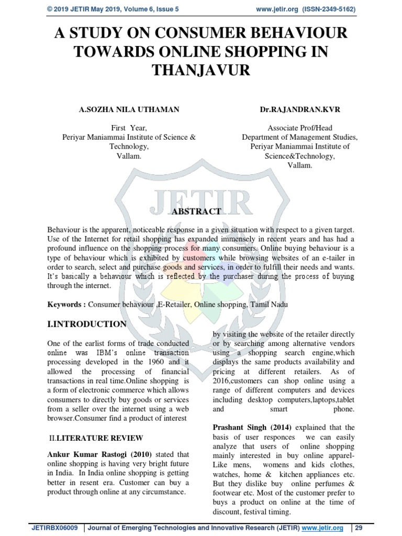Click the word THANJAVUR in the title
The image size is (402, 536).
coord(200,71)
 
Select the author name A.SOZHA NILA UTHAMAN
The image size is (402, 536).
coord(129,109)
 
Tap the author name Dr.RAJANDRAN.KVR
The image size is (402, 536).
coord(299,109)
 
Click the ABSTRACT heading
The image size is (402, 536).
coord(196,211)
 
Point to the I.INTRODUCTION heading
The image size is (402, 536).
coord(87,324)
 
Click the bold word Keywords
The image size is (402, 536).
coord(65,304)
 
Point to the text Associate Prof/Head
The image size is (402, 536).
coord(300,128)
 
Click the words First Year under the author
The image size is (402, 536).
coord(129,128)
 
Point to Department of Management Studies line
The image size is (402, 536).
coord(300,137)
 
